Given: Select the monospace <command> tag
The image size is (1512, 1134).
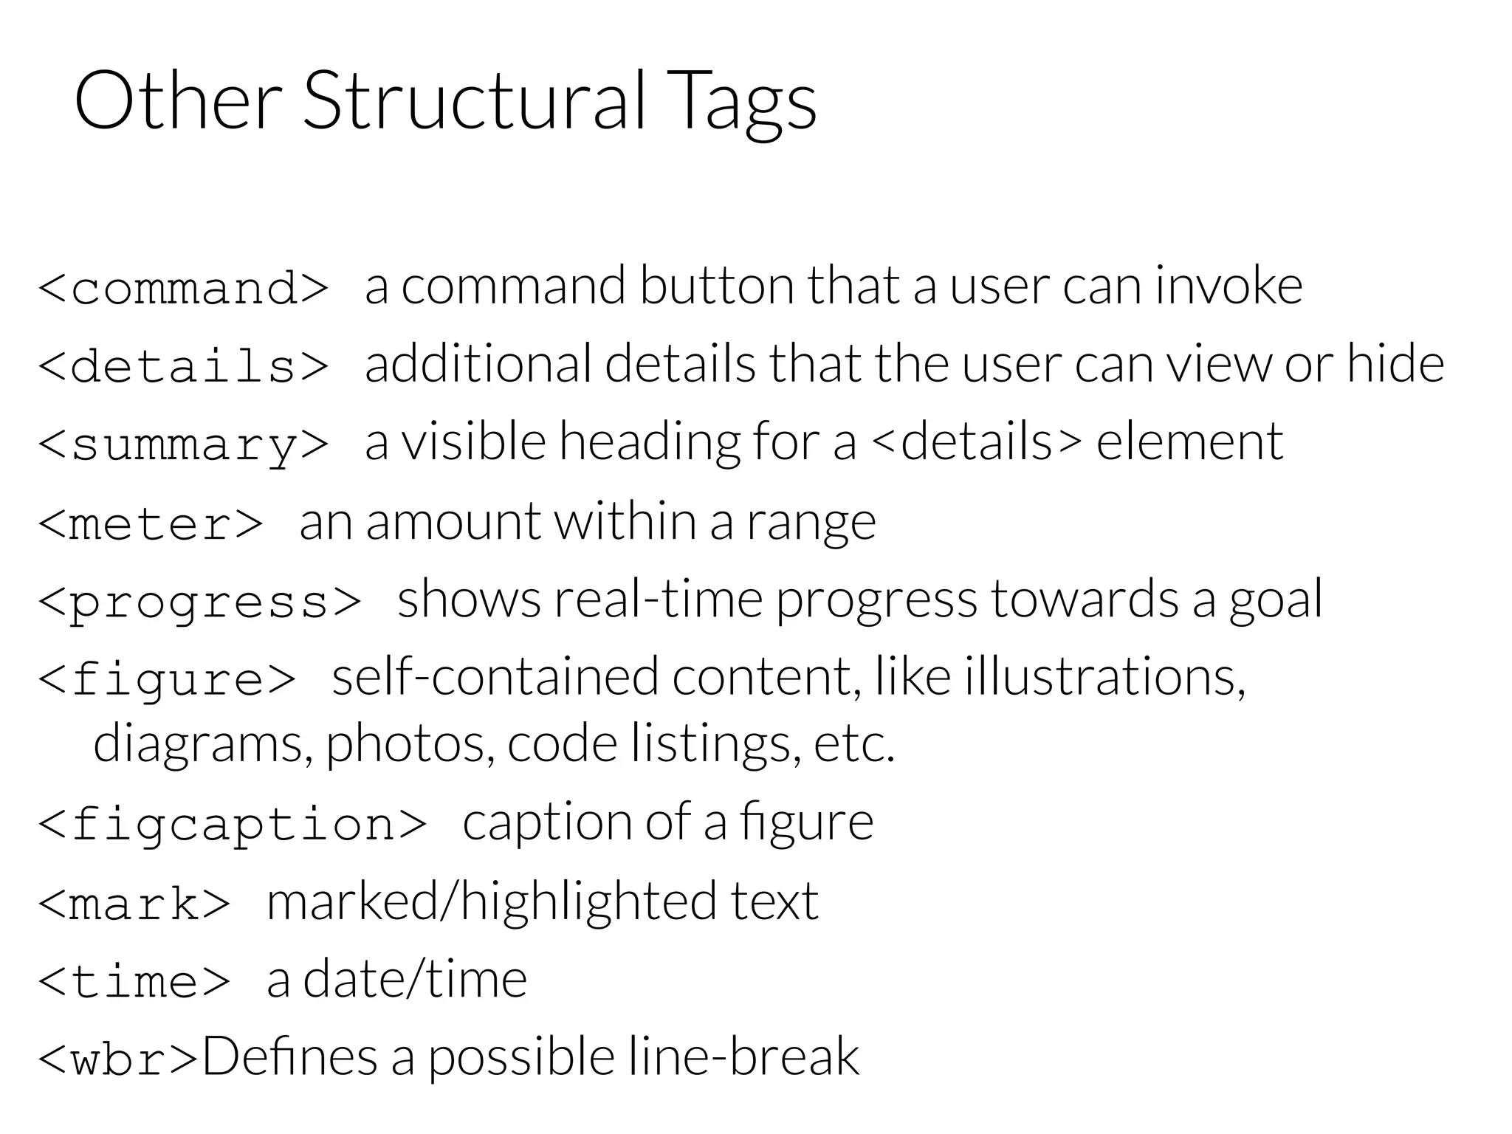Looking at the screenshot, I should tap(183, 287).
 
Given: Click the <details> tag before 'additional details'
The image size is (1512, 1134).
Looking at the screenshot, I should tap(183, 365).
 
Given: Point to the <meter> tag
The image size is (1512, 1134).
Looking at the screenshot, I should tap(151, 523).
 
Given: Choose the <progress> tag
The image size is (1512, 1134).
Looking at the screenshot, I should tap(199, 602).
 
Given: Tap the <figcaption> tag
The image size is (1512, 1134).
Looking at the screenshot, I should tap(232, 824).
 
